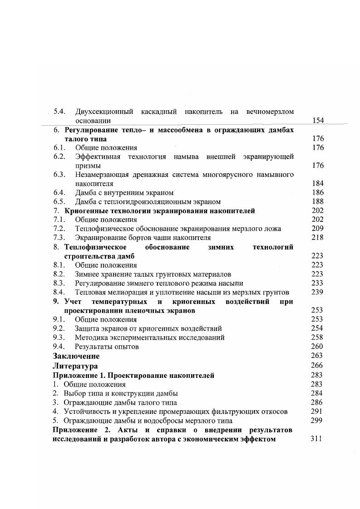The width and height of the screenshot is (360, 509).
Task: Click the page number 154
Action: (318, 120)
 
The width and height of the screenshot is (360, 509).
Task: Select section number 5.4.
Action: (60, 111)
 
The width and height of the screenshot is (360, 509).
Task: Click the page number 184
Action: (318, 183)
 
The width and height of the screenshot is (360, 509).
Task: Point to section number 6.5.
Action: (60, 201)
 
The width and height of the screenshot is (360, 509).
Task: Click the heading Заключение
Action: (76, 356)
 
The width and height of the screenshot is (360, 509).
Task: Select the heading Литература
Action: (75, 366)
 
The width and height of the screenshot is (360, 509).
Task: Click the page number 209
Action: (317, 229)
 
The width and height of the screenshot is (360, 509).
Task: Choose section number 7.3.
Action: (60, 237)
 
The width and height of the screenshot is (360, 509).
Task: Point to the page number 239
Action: (317, 292)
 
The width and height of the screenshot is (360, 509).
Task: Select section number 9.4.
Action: (60, 347)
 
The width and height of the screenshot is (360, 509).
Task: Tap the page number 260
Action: (317, 347)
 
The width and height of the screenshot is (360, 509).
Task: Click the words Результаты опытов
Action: (107, 347)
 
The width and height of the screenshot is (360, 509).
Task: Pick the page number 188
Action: (318, 201)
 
